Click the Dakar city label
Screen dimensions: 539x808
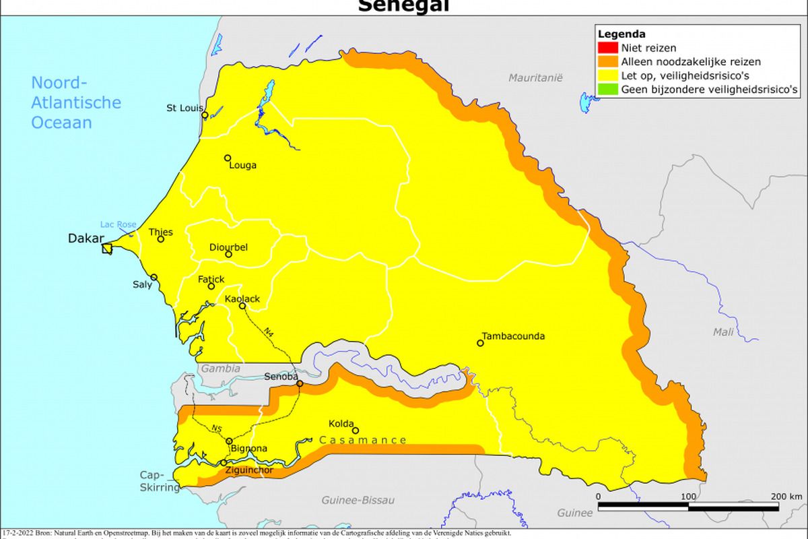86,239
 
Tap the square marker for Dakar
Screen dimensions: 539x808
107,249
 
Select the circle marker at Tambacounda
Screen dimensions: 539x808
480,343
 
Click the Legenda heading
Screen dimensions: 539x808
621,34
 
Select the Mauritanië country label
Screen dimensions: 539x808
535,78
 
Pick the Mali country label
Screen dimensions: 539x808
724,331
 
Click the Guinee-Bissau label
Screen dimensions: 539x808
358,500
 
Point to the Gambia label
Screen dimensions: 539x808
220,369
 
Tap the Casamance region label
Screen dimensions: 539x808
363,441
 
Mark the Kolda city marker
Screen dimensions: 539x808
356,431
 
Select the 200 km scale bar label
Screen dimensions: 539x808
786,497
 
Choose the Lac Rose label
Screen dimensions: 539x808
118,224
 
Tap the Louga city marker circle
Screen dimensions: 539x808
228,158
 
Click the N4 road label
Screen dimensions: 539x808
268,332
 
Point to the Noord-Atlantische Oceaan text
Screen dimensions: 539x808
76,103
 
